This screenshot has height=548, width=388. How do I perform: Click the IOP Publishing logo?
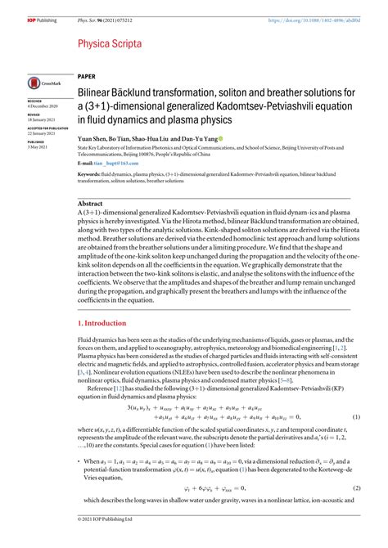pyautogui.click(x=20, y=9)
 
